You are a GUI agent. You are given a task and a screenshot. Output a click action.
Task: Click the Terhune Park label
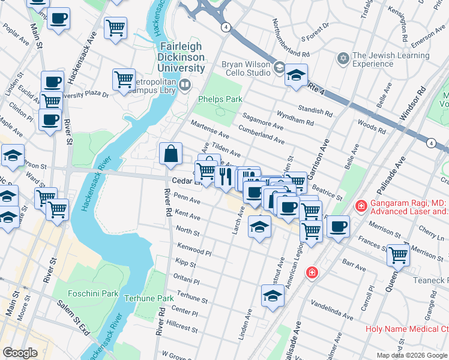coord(148,298)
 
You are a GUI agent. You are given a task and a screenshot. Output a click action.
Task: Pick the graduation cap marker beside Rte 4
coord(296,76)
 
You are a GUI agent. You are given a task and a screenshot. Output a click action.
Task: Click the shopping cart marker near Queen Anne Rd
coord(398,254)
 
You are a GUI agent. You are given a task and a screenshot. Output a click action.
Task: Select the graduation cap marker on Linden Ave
coord(273,296)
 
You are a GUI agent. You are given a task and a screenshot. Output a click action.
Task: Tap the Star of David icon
coord(343,59)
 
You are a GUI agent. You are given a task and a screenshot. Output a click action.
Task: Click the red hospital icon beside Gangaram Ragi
coord(361,206)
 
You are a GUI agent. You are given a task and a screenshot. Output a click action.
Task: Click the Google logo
coord(20,353)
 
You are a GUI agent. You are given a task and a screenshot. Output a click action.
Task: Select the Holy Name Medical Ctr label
coord(407,329)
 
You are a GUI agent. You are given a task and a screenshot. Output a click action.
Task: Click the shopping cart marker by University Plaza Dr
coord(123,79)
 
